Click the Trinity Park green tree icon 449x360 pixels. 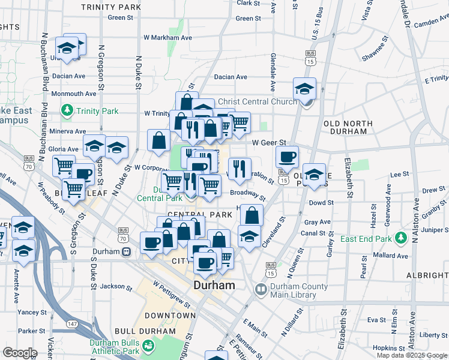(67, 110)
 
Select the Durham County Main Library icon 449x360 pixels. (261, 289)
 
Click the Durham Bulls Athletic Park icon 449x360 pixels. (148, 346)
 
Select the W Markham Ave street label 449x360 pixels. (167, 37)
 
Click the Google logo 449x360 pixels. (20, 353)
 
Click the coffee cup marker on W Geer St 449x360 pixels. (287, 157)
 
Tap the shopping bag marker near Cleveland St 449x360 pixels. (253, 214)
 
